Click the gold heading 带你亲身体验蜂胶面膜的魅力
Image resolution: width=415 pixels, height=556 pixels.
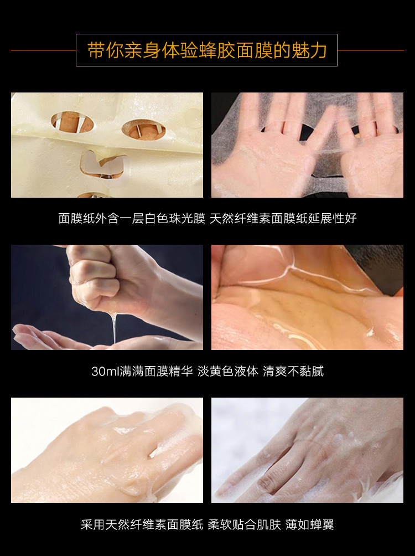207,50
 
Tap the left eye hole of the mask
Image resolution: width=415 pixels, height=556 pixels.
72,123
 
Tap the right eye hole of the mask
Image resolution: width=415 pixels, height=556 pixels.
143,130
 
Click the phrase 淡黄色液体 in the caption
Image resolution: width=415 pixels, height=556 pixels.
228,371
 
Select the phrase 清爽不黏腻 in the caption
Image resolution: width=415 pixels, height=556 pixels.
293,371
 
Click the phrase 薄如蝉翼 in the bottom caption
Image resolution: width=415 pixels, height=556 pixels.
309,524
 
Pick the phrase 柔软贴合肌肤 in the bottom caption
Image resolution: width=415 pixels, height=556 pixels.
244,524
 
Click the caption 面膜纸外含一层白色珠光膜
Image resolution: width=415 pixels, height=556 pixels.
132,218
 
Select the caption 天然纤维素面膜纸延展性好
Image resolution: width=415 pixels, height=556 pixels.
283,218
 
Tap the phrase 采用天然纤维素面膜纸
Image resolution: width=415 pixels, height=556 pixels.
142,524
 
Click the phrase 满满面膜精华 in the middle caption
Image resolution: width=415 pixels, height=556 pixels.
156,371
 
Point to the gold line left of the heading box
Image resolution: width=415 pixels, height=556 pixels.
44,50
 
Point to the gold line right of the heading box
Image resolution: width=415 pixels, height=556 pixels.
370,50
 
